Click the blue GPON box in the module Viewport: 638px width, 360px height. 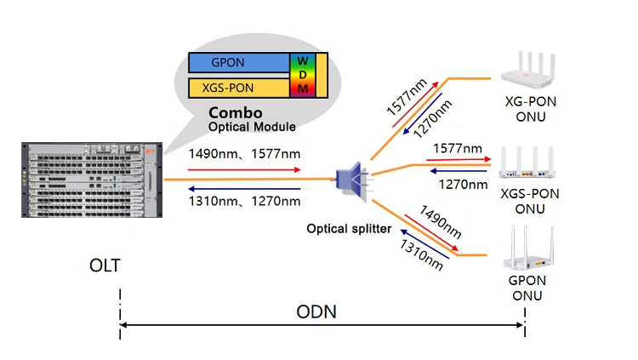coord(239,63)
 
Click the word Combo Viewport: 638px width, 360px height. coord(236,113)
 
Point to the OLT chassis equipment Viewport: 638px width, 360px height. coord(89,180)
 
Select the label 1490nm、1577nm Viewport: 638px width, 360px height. coord(243,154)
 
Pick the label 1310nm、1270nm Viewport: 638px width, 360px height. coord(243,201)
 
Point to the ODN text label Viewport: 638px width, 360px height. coord(316,312)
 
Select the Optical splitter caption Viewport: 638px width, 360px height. coord(350,229)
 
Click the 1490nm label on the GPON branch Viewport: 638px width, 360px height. coord(441,223)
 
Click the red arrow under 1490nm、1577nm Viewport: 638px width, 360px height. coord(245,169)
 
